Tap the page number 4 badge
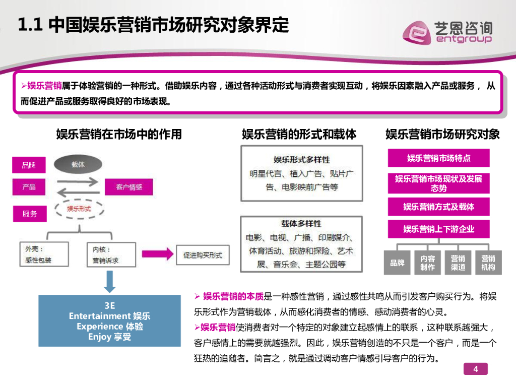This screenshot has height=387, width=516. pos(476,369)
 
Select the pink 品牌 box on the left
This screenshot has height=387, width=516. pos(29,165)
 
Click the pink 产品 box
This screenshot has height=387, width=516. pos(29,187)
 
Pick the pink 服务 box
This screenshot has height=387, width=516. pos(30,214)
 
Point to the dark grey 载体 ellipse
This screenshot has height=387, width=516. pos(78,165)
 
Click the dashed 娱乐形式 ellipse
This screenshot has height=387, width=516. pos(79,209)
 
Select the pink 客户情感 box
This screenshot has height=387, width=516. pos(128,187)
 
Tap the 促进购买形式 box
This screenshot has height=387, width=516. pos(203,255)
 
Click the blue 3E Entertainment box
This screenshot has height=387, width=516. pos(110,320)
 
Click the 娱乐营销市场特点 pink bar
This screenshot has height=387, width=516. pos(438,158)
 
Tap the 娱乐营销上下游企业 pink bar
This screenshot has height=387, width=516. pos(438,229)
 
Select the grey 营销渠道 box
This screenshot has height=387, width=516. pos(458,263)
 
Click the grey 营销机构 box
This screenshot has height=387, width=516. pos(488,263)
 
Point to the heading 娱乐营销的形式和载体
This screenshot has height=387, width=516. pos(299,134)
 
